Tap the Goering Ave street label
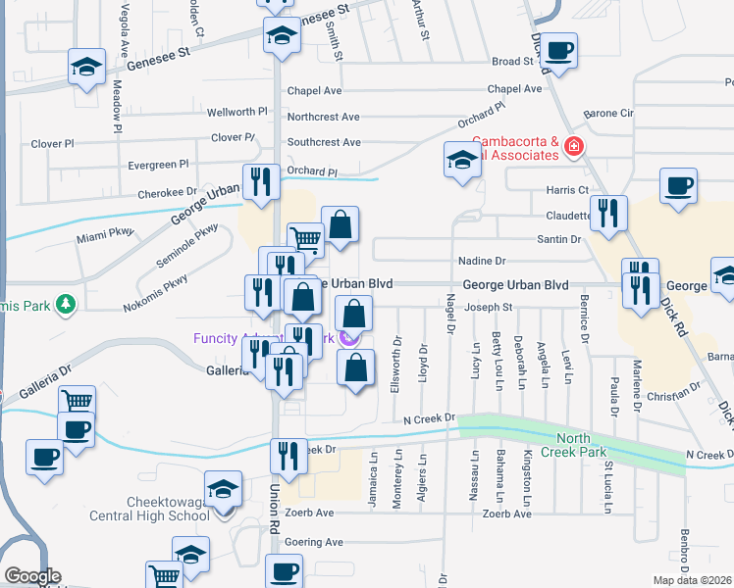314,542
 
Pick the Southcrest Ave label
324,142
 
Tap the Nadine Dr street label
482,261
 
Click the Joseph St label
489,307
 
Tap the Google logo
31,576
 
